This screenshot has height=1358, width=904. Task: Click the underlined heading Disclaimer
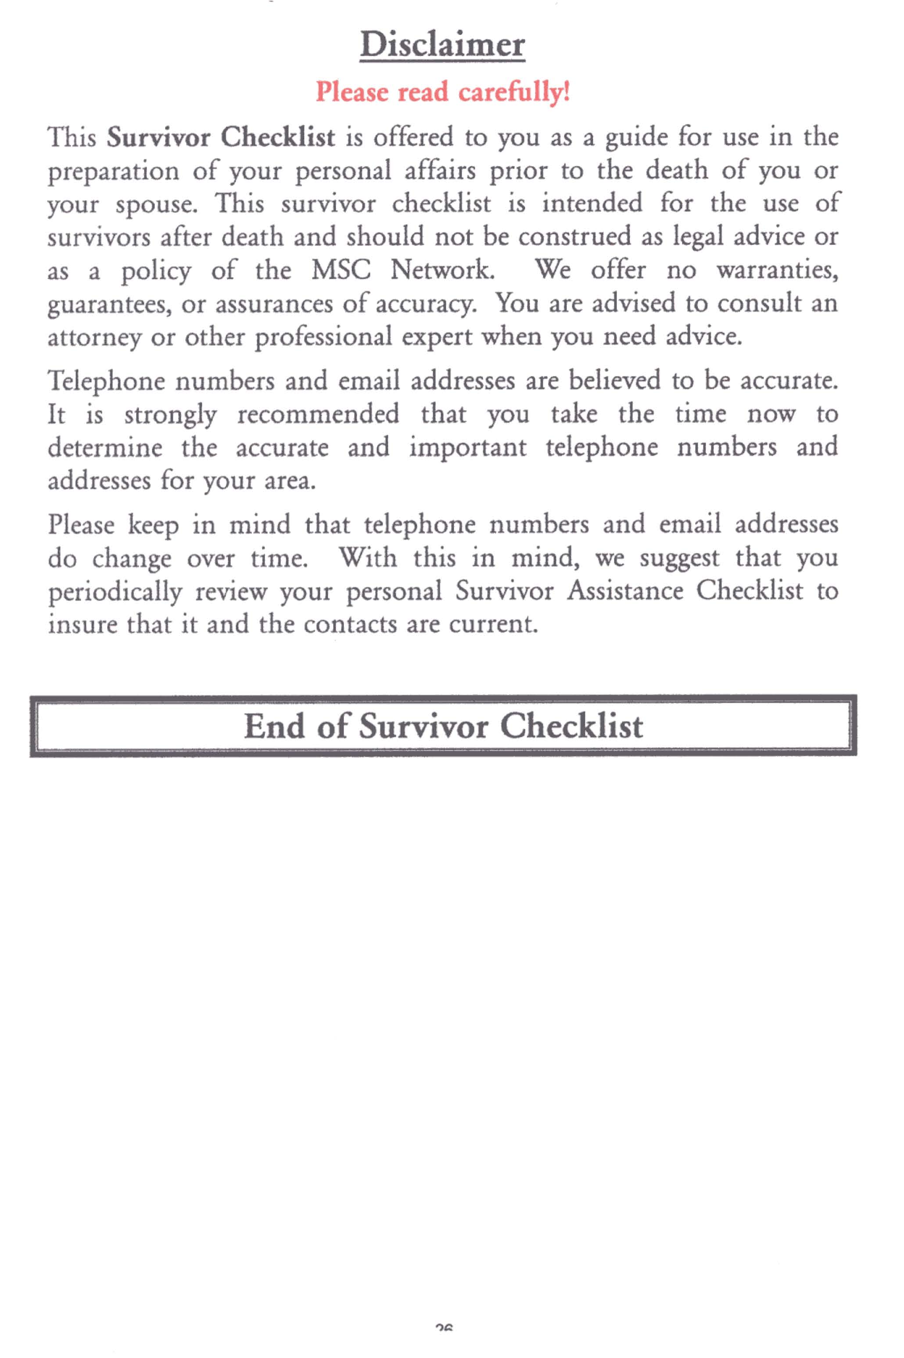[442, 45]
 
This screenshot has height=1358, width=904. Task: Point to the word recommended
[318, 414]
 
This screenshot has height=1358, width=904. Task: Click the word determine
[105, 448]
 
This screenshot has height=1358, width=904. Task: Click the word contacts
[350, 624]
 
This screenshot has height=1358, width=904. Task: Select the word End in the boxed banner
[274, 726]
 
